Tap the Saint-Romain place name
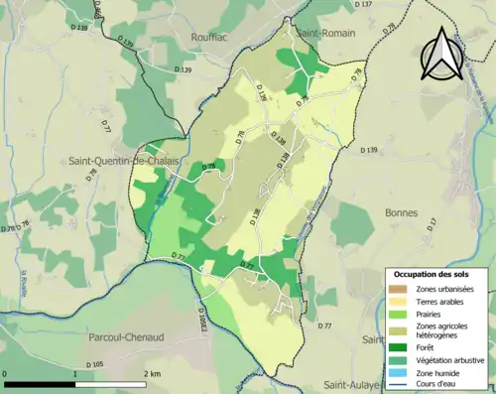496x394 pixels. tap(318, 34)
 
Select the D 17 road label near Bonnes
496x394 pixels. tap(432, 226)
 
